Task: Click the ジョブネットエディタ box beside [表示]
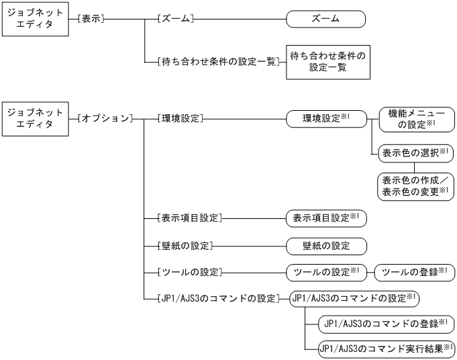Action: (x=34, y=19)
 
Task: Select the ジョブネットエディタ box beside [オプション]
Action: (x=34, y=118)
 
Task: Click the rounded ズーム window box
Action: (x=326, y=19)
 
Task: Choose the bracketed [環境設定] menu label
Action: (x=178, y=118)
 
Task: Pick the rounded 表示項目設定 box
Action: (x=326, y=218)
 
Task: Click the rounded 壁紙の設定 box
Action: (x=326, y=245)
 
